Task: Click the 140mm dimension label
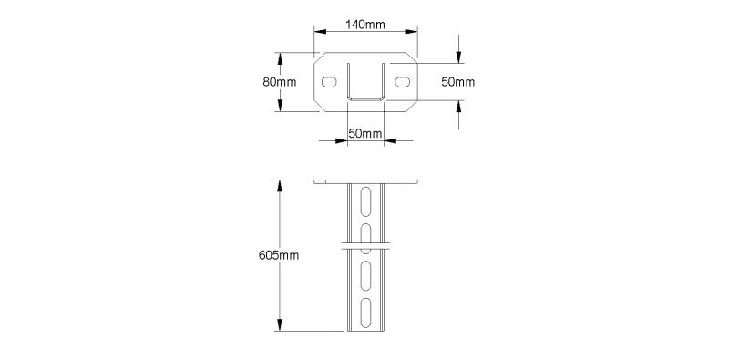(365, 25)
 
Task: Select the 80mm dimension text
(280, 82)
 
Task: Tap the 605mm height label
(279, 255)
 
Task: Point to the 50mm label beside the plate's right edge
(458, 82)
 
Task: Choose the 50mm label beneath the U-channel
(365, 133)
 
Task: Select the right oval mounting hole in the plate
(403, 82)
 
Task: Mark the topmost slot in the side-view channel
(366, 201)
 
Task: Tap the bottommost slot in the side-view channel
(366, 312)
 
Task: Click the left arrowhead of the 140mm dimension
(321, 32)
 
